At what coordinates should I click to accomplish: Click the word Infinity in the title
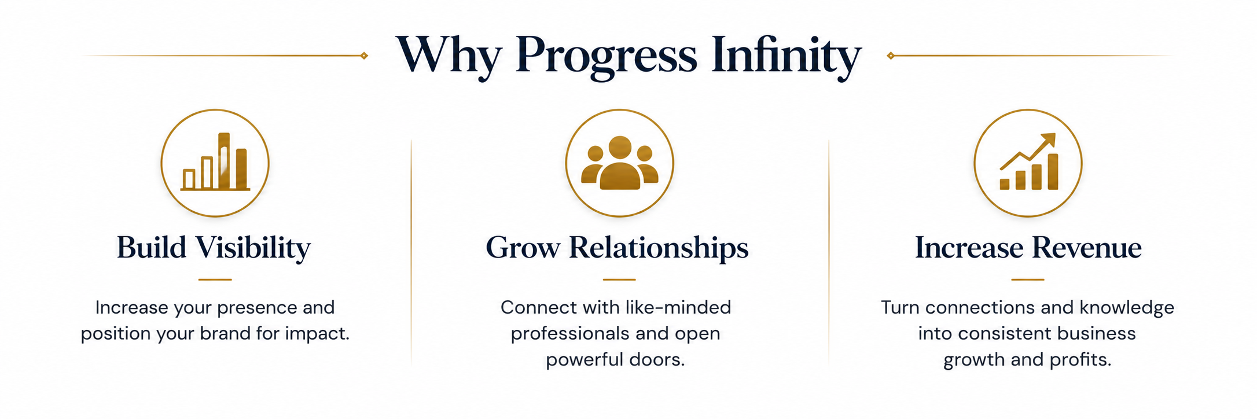(786, 56)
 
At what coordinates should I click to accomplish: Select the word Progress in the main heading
(606, 57)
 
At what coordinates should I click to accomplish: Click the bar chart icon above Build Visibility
(215, 162)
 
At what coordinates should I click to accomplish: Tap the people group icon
(620, 163)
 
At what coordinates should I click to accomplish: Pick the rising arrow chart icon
(1028, 161)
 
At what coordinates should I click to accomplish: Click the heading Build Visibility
(214, 248)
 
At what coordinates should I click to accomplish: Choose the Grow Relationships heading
(618, 248)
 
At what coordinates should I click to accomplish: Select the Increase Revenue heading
(1028, 248)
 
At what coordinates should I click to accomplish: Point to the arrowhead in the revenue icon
(1049, 141)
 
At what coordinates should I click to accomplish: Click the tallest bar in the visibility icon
(224, 161)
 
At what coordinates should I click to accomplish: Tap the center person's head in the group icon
(620, 148)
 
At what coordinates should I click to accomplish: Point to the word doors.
(657, 359)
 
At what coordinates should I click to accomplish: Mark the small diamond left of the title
(364, 56)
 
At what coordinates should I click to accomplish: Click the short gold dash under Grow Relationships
(619, 280)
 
